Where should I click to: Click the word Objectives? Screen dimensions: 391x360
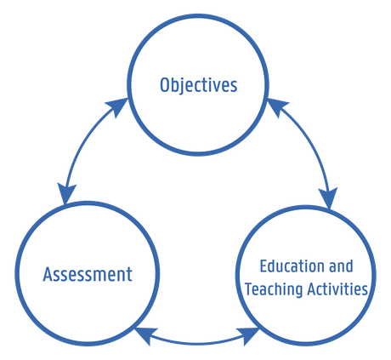pos(199,85)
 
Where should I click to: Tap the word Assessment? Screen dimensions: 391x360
pos(88,274)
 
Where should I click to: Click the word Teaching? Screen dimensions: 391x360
pos(275,289)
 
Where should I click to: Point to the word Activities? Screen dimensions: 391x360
pos(337,289)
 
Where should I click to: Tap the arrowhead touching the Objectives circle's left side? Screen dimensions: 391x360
pos(117,106)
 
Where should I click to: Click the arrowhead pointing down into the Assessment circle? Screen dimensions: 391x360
pos(66,193)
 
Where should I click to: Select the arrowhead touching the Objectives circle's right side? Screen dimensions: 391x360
pos(277,106)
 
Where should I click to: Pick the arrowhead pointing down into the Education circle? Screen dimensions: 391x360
pos(329,198)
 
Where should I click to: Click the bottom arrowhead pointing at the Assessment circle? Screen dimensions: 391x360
pos(145,336)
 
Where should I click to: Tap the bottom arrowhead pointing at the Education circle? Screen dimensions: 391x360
pos(247,336)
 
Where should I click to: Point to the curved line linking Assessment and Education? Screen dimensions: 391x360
pos(197,343)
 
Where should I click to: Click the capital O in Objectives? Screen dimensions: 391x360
pos(164,85)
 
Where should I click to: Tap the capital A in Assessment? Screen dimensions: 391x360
pos(48,274)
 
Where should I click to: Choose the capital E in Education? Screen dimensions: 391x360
pos(264,266)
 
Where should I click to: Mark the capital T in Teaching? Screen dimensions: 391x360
pos(250,289)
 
